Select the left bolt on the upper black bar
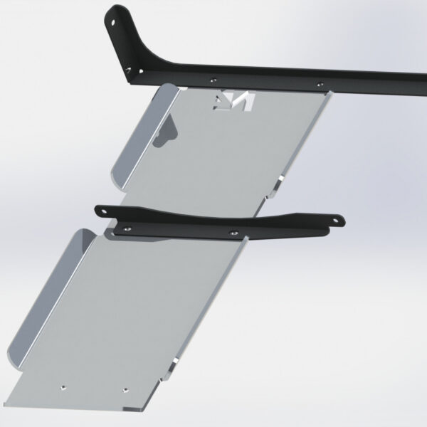[x=213, y=80]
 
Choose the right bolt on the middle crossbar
[x=233, y=231]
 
